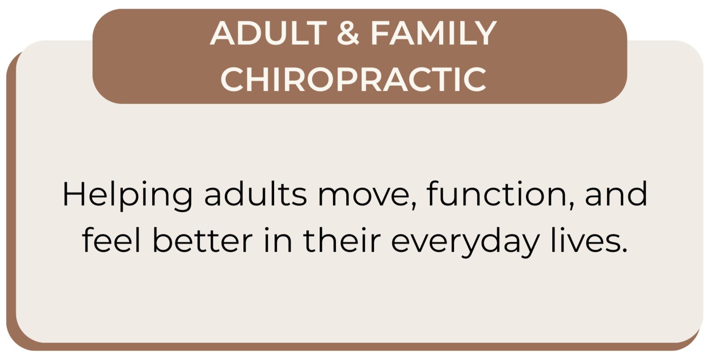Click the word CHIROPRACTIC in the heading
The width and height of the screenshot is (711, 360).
click(x=353, y=79)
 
